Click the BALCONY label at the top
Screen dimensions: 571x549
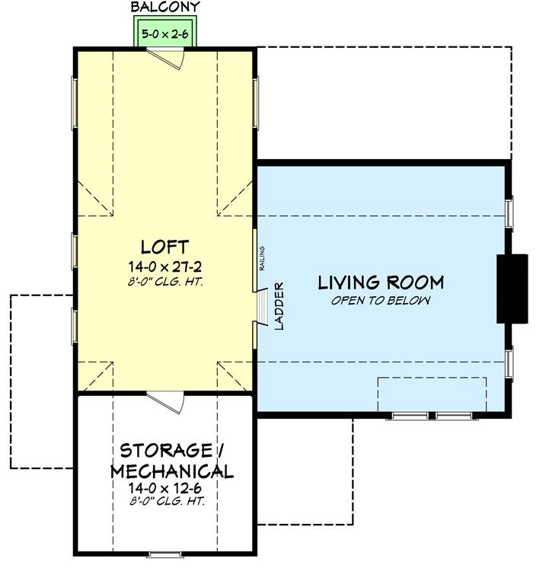point(165,8)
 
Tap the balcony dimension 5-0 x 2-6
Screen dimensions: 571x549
point(165,34)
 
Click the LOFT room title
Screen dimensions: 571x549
point(164,247)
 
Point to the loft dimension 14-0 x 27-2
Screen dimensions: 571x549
point(164,266)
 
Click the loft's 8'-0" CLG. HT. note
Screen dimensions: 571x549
point(164,282)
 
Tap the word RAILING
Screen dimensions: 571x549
point(262,258)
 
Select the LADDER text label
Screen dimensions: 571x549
point(279,306)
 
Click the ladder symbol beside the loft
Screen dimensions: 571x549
point(262,306)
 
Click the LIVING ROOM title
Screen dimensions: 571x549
point(381,283)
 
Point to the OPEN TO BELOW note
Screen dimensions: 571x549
point(381,301)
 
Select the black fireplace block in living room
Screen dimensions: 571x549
point(512,289)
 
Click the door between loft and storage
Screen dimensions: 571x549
point(164,402)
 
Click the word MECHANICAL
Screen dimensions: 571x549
point(171,471)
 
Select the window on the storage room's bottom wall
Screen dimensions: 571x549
point(164,553)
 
